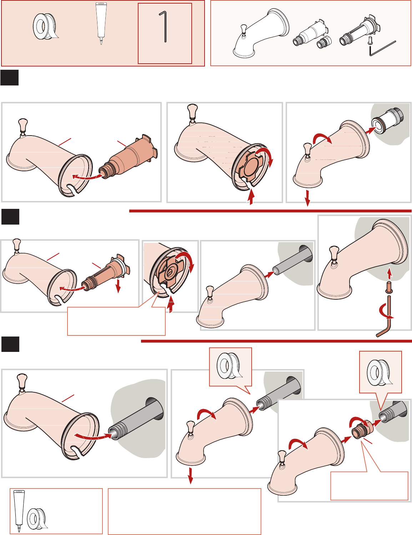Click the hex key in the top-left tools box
pos(164,26)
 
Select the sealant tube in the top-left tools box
pos(101,23)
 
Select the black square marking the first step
pos(9,78)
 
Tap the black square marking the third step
pos(10,344)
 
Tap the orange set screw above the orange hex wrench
pos(389,286)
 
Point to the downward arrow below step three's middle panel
pos(191,476)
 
